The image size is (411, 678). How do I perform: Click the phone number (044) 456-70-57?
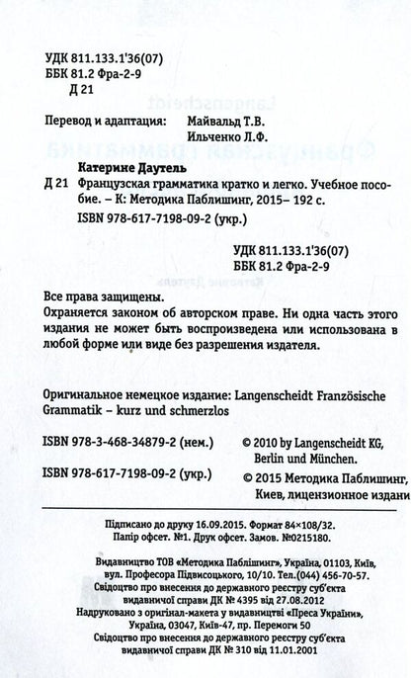pos(325,604)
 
